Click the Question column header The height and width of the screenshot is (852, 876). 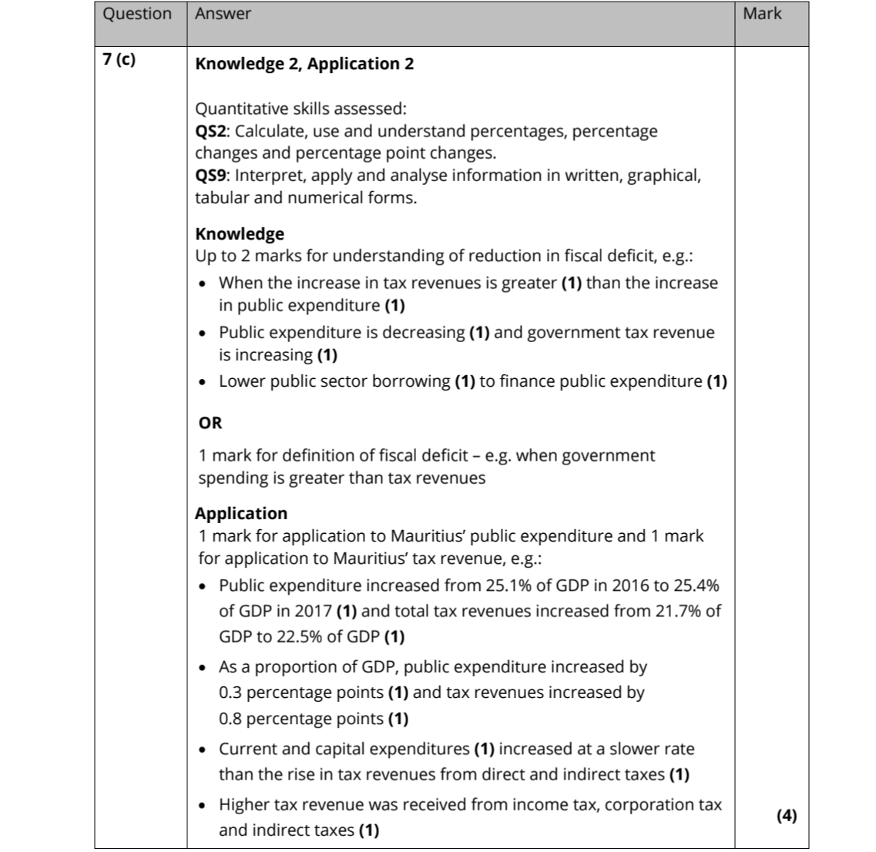coord(137,14)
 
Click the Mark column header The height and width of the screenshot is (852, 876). coord(762,14)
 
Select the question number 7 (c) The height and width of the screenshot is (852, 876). coord(119,60)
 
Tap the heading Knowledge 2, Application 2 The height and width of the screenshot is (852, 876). coord(304,64)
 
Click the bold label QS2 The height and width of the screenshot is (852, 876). coord(211,131)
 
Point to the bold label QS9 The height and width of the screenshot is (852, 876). coord(211,176)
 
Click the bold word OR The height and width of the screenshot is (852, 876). coord(210,423)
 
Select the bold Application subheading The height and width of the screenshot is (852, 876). coord(241,514)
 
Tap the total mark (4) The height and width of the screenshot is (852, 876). coord(787,816)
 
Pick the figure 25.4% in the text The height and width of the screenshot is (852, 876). coord(694,585)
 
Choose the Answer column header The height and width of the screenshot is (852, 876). coord(223,14)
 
